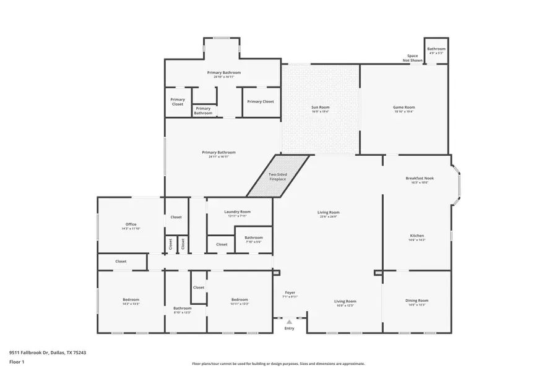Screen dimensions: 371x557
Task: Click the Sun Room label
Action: [x=320, y=108]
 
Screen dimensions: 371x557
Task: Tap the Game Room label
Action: [x=404, y=108]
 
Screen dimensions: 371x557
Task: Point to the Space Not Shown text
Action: [x=413, y=58]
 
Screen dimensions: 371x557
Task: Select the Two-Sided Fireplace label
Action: [x=277, y=177]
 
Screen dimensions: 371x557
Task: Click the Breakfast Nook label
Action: [x=420, y=178]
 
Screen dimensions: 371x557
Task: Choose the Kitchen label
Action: [x=417, y=236]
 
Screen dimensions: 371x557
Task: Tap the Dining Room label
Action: [x=417, y=301]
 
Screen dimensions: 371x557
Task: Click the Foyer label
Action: [x=290, y=292]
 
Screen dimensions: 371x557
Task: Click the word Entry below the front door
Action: [x=289, y=328]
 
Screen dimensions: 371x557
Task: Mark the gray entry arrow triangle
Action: [x=289, y=322]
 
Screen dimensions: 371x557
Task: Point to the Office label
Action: [x=131, y=224]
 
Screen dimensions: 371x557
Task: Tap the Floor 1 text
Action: [x=17, y=362]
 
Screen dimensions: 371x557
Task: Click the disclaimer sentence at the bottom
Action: [x=278, y=364]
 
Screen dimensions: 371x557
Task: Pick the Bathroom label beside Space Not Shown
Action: [x=436, y=49]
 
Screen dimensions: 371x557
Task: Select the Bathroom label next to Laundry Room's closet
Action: [x=253, y=237]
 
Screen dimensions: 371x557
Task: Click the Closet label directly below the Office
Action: [x=121, y=261]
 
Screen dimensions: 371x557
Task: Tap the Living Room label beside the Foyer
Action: [x=346, y=301]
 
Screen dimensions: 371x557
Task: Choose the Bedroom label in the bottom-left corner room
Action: [x=131, y=300]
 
